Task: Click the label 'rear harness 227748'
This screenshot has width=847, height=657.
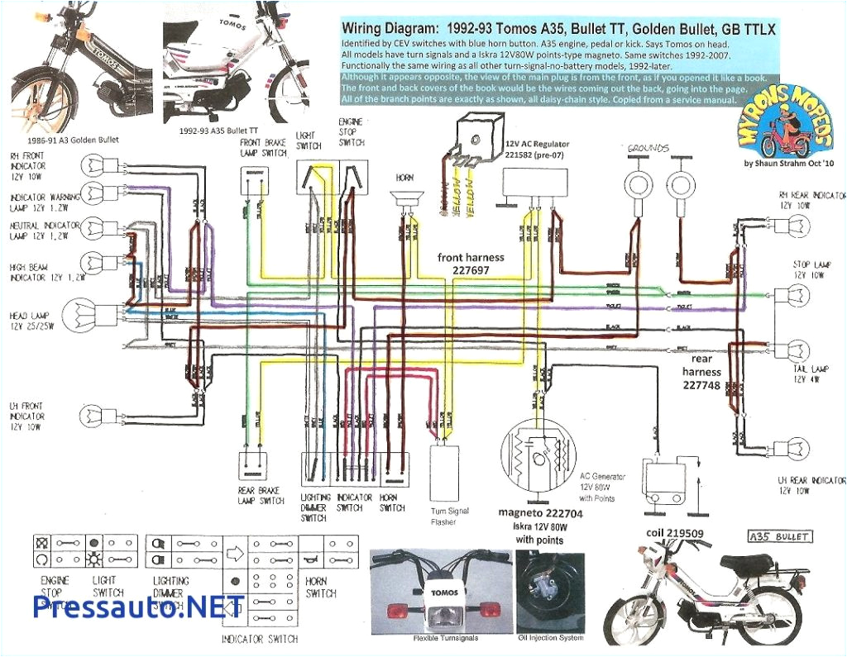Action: [701, 371]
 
